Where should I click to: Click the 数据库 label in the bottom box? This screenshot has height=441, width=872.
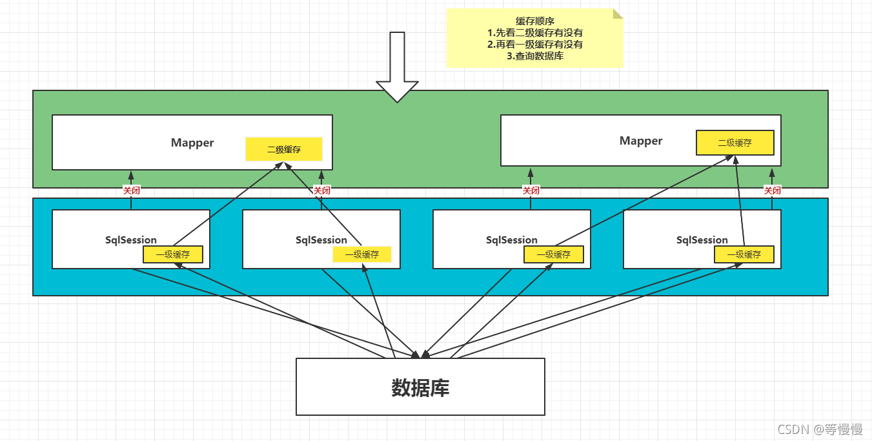[420, 387]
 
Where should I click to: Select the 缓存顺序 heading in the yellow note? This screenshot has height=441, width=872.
[534, 21]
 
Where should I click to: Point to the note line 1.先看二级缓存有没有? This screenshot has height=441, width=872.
[534, 32]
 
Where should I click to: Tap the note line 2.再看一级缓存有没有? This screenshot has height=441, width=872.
[534, 44]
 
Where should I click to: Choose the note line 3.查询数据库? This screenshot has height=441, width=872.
[534, 56]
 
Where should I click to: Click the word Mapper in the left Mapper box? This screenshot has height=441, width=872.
[192, 143]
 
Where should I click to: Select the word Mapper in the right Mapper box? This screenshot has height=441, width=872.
[641, 141]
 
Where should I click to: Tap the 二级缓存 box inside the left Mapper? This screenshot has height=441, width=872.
[284, 149]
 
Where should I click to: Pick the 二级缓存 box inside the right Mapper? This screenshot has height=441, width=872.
[735, 143]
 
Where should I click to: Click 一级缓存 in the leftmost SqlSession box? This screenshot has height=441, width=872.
[173, 254]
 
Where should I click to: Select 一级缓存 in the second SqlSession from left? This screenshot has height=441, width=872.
[362, 254]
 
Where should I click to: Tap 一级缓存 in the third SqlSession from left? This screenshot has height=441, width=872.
[554, 254]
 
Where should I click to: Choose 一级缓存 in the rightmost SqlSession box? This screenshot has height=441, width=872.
[744, 254]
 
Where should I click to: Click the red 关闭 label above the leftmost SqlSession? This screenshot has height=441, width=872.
[132, 190]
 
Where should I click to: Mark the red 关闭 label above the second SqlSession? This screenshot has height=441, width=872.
[322, 190]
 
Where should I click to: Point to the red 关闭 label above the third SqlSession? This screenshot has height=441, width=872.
[531, 190]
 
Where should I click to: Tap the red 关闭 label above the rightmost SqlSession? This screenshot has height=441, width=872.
[772, 190]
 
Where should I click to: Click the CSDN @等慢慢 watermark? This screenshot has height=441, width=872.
[820, 430]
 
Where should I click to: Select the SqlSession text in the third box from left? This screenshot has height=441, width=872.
[512, 240]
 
